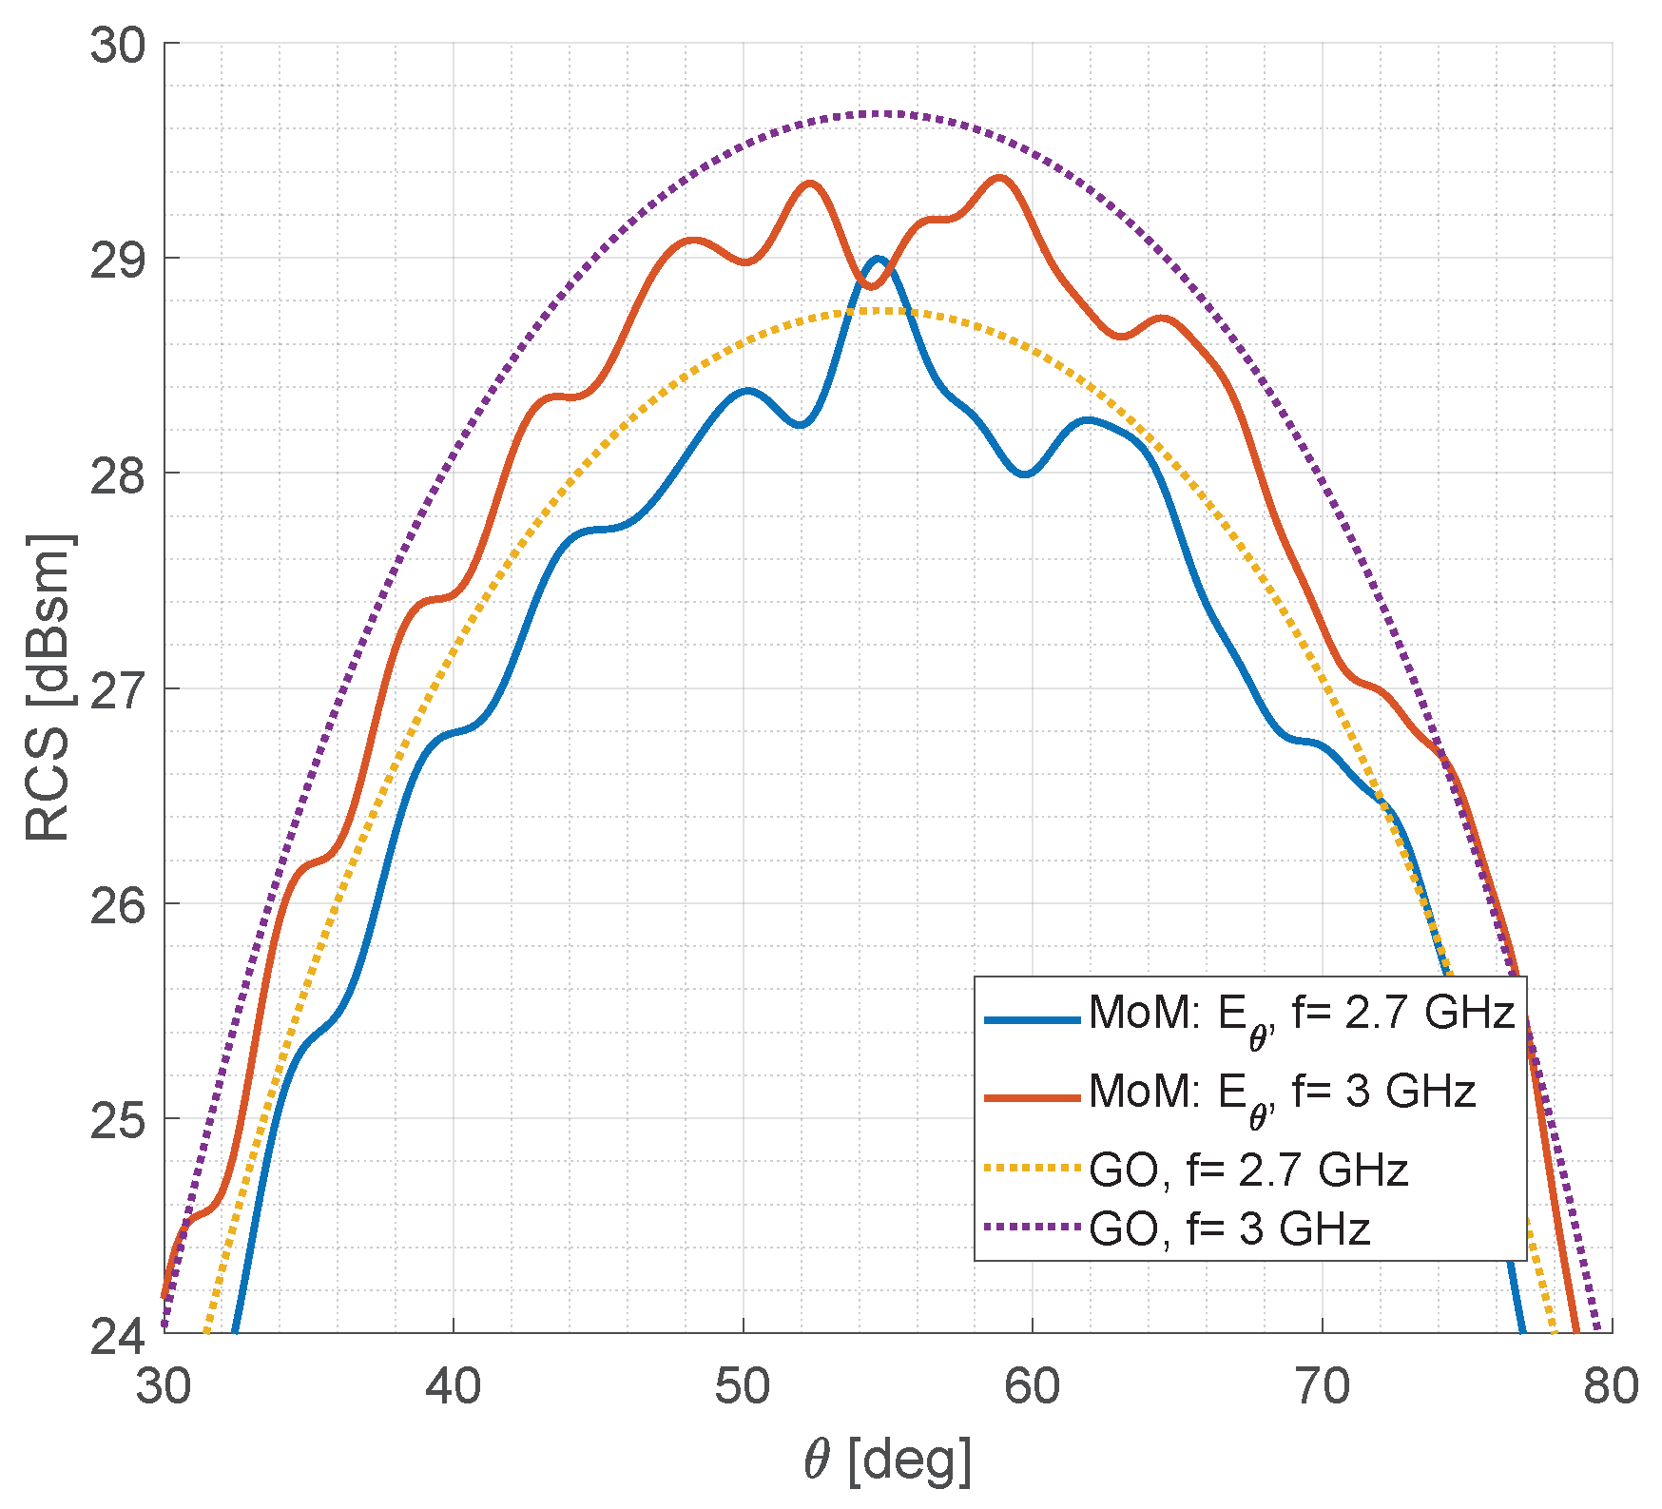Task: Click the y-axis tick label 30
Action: pos(118,45)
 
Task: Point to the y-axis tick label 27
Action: pos(118,689)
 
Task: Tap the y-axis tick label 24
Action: pos(118,1334)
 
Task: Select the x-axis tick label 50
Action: pos(743,1386)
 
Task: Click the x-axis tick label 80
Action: pos(1611,1386)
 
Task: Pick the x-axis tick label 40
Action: pos(453,1386)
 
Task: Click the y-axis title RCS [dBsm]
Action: pos(48,688)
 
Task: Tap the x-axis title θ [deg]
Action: pos(888,1459)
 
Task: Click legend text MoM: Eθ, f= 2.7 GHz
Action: pos(1301,1016)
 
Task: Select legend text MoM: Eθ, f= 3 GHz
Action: pos(1282,1093)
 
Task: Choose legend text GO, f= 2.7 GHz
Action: pos(1247,1170)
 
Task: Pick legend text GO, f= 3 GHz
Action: pos(1228,1228)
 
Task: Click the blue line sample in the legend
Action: pos(1033,1020)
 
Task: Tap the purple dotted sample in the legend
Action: pos(1033,1228)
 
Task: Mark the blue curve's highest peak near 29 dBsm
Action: pos(879,259)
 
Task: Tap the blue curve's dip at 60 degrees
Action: pos(1025,474)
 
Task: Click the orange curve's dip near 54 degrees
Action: pos(872,286)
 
